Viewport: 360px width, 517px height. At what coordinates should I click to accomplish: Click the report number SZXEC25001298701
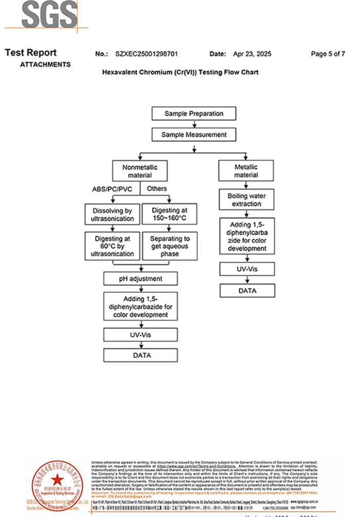(147, 54)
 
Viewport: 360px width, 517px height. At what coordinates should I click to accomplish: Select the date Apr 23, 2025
(252, 54)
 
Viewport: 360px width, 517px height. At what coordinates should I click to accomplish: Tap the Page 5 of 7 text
(328, 54)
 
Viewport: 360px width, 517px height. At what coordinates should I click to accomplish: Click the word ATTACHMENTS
(45, 65)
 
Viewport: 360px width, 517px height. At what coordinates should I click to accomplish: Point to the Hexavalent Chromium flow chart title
(181, 73)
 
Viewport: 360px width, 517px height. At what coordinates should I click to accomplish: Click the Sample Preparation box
(194, 114)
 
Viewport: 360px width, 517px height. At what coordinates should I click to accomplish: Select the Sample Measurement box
(194, 135)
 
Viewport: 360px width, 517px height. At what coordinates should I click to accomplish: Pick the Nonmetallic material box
(140, 171)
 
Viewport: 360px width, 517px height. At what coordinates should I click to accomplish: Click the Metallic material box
(246, 171)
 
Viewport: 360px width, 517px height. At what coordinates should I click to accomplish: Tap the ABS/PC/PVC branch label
(112, 189)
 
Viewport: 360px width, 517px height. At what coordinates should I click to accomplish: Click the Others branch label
(156, 189)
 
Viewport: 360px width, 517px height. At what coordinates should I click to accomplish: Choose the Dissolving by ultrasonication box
(112, 215)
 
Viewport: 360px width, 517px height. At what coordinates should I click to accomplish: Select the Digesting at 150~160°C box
(169, 215)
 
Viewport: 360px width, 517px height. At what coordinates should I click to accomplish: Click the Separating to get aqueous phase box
(169, 246)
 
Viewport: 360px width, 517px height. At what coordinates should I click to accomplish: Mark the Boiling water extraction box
(246, 200)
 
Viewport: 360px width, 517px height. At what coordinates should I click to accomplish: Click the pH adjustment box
(140, 279)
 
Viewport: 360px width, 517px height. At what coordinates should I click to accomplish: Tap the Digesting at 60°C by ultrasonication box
(112, 246)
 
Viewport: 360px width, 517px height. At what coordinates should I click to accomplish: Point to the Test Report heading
(30, 53)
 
